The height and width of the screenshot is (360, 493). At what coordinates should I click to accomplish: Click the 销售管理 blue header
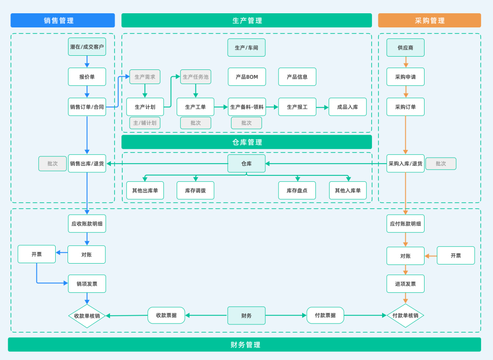click(x=63, y=21)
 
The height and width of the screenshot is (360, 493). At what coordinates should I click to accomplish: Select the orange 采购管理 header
click(x=429, y=21)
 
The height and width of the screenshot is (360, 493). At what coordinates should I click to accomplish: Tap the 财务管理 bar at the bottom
click(x=244, y=344)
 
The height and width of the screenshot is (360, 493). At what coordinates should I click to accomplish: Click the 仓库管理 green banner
click(x=246, y=142)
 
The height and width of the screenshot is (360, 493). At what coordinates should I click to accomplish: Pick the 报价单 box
click(x=87, y=77)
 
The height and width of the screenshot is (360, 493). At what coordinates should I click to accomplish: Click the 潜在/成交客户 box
click(x=87, y=47)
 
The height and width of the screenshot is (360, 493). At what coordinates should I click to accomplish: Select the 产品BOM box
click(x=246, y=77)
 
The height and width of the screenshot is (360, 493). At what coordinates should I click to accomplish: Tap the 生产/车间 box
click(x=246, y=48)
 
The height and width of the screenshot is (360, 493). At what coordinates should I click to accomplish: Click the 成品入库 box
click(x=347, y=107)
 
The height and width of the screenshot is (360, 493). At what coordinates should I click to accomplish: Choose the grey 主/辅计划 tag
click(x=145, y=123)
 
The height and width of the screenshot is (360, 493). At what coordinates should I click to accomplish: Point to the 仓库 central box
click(x=246, y=164)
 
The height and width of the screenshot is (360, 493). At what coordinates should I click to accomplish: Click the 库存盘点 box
click(x=297, y=191)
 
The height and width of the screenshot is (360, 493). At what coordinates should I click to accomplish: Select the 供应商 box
click(x=405, y=48)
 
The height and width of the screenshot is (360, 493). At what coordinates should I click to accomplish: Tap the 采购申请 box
click(x=405, y=77)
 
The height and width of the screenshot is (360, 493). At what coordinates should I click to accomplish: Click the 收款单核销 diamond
click(x=87, y=316)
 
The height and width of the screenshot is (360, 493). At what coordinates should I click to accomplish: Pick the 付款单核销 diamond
click(x=405, y=315)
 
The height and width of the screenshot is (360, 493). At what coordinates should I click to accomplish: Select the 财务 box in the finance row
click(x=246, y=315)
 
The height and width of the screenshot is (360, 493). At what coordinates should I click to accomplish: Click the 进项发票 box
click(x=405, y=284)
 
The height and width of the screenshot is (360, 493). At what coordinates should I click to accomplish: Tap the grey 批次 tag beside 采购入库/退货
click(x=441, y=164)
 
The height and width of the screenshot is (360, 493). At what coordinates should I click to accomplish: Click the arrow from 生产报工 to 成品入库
click(x=322, y=107)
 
